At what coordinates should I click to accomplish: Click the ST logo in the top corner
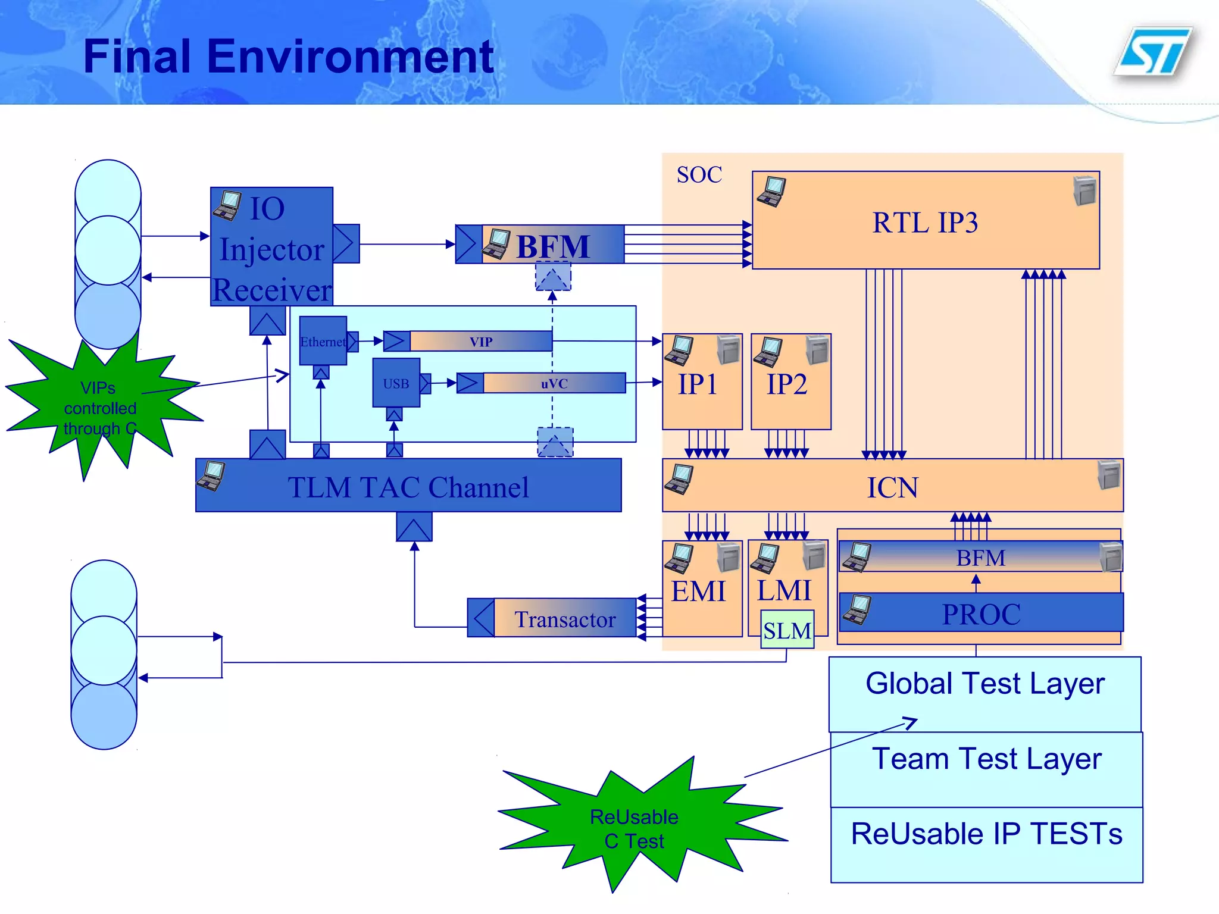click(1153, 52)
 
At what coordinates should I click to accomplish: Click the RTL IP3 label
click(925, 223)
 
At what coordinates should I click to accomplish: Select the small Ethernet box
click(323, 341)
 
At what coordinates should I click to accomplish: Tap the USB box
click(396, 383)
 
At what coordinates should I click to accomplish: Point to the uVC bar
click(554, 383)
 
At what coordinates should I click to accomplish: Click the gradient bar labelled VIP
click(481, 342)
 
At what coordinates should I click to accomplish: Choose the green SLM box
click(787, 630)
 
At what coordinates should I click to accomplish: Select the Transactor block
click(564, 619)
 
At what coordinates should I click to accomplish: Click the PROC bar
click(981, 613)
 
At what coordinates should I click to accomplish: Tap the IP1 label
click(698, 384)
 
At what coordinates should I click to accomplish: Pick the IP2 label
click(787, 384)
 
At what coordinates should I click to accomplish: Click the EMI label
click(698, 591)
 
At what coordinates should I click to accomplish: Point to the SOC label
click(699, 175)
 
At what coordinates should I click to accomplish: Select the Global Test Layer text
click(985, 683)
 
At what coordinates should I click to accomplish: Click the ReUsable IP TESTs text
click(986, 834)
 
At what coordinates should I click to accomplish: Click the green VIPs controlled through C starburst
click(100, 408)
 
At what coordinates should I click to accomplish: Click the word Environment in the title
click(350, 57)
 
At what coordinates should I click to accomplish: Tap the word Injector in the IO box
click(272, 249)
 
